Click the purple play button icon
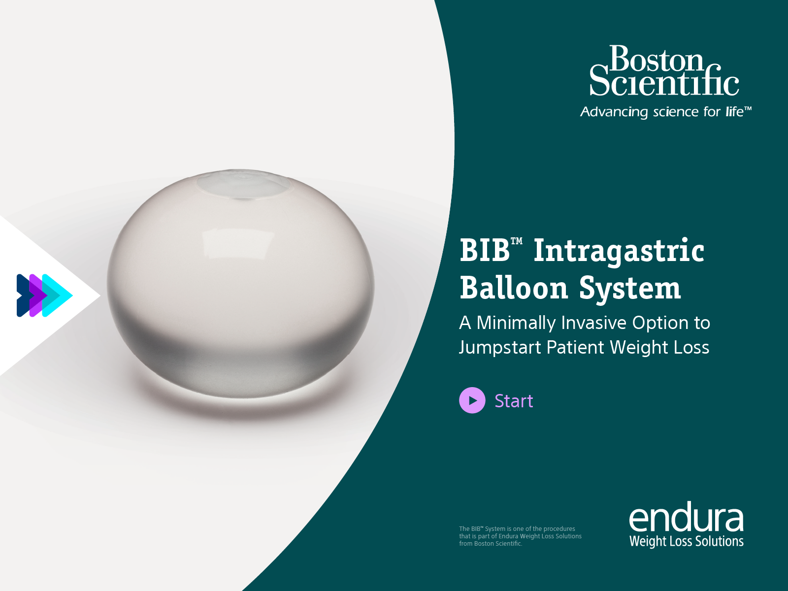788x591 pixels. (472, 400)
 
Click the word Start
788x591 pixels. (514, 401)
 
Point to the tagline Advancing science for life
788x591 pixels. (665, 112)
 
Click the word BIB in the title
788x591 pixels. (485, 250)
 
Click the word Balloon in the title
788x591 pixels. (514, 288)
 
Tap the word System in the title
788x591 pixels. (630, 290)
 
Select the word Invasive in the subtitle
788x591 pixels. (593, 323)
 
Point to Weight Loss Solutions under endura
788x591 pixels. (687, 541)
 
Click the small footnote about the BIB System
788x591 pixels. (520, 536)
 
